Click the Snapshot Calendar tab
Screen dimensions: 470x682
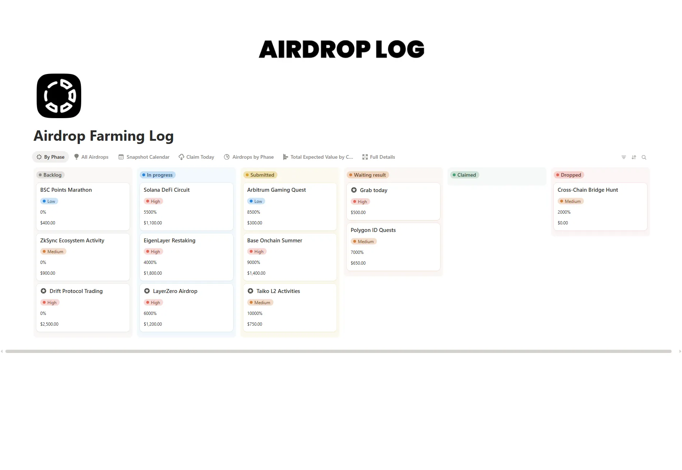144,157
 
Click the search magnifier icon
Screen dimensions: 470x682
644,157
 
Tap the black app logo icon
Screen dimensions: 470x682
59,96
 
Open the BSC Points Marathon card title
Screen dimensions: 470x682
66,190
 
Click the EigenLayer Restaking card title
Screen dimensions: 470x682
170,241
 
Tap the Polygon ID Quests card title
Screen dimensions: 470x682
373,230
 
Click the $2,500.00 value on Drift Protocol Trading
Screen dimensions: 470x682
49,324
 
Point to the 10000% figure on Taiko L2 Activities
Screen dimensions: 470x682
255,313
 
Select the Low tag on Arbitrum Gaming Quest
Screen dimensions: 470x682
256,201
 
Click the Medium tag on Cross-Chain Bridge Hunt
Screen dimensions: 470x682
571,201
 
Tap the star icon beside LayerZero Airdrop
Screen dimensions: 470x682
147,291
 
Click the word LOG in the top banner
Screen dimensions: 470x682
400,49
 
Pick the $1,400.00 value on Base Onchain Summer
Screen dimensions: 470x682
256,273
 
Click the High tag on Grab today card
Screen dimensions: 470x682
360,202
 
